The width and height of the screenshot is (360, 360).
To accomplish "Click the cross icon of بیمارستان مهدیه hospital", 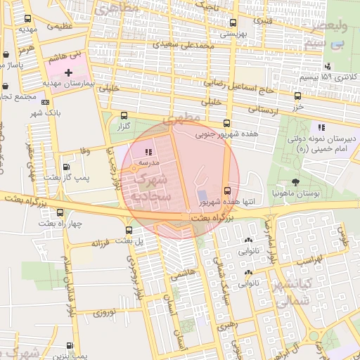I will pyautogui.click(x=68, y=72).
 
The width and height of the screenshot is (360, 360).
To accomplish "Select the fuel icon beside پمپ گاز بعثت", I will pyautogui.click(x=66, y=167).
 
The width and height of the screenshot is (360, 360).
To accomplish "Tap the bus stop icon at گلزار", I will pyautogui.click(x=124, y=115).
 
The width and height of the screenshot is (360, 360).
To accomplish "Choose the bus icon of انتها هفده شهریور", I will pyautogui.click(x=226, y=191).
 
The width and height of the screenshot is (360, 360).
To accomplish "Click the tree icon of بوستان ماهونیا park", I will pyautogui.click(x=304, y=182).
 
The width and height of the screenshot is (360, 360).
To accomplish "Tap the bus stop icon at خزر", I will pyautogui.click(x=297, y=96).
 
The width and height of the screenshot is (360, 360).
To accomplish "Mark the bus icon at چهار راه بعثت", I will pyautogui.click(x=60, y=212).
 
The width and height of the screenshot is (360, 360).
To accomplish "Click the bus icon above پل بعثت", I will pyautogui.click(x=128, y=230).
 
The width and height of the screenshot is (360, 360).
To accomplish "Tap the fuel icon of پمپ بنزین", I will pyautogui.click(x=69, y=345).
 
